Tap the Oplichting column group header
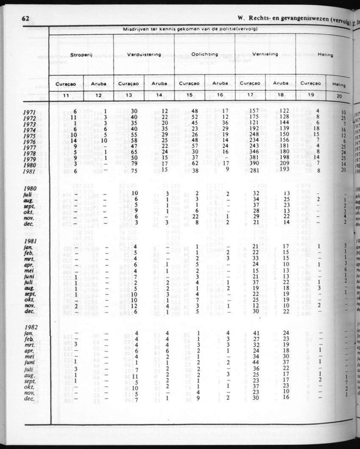(205, 54)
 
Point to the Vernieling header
(265, 54)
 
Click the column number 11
(66, 95)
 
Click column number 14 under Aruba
(159, 95)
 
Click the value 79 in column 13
(134, 164)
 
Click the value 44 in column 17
(255, 362)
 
